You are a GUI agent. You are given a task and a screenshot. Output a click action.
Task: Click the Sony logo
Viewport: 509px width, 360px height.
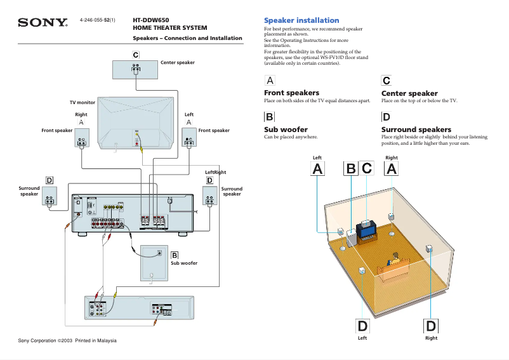point(43,23)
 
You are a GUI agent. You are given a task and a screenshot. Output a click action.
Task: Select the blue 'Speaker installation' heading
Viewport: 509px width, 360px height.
point(301,20)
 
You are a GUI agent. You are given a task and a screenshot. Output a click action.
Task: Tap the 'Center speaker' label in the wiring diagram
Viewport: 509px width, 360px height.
point(178,63)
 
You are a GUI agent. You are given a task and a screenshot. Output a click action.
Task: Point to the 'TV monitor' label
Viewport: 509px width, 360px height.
point(83,102)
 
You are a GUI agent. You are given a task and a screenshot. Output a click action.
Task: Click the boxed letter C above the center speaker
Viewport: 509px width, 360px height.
point(136,55)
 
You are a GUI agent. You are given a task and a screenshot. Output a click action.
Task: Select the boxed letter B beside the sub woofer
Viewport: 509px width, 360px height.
point(175,255)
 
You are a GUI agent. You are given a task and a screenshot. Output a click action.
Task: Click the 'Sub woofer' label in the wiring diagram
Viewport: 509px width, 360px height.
point(184,263)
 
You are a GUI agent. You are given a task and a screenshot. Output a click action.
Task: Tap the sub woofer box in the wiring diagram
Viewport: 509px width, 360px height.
point(154,263)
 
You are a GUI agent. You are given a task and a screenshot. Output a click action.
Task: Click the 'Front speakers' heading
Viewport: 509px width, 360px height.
point(291,93)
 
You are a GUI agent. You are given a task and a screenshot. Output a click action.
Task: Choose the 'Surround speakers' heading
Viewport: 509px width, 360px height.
point(416,130)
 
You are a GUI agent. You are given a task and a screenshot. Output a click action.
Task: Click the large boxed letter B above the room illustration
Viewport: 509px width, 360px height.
point(350,169)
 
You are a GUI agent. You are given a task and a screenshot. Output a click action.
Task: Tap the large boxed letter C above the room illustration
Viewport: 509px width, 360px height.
point(367,169)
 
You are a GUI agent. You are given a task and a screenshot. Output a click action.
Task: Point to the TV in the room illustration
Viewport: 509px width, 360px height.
point(367,230)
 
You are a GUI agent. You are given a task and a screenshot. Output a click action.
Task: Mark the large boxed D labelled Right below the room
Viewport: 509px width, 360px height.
point(431,326)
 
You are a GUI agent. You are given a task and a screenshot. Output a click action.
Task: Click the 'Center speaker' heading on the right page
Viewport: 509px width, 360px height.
point(409,93)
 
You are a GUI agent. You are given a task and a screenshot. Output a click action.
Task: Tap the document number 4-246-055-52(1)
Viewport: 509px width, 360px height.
point(97,20)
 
